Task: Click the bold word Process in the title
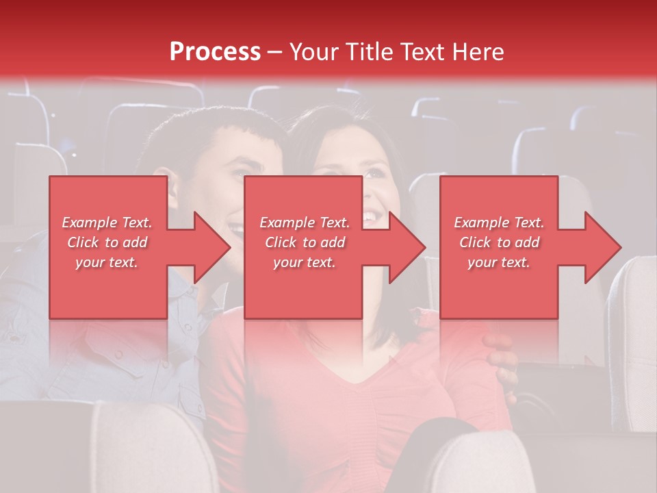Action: coord(215,52)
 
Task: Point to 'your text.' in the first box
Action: coord(107,262)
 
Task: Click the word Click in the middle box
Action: coord(280,242)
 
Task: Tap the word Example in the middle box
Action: coord(286,223)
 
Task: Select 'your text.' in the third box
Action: coord(498,262)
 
